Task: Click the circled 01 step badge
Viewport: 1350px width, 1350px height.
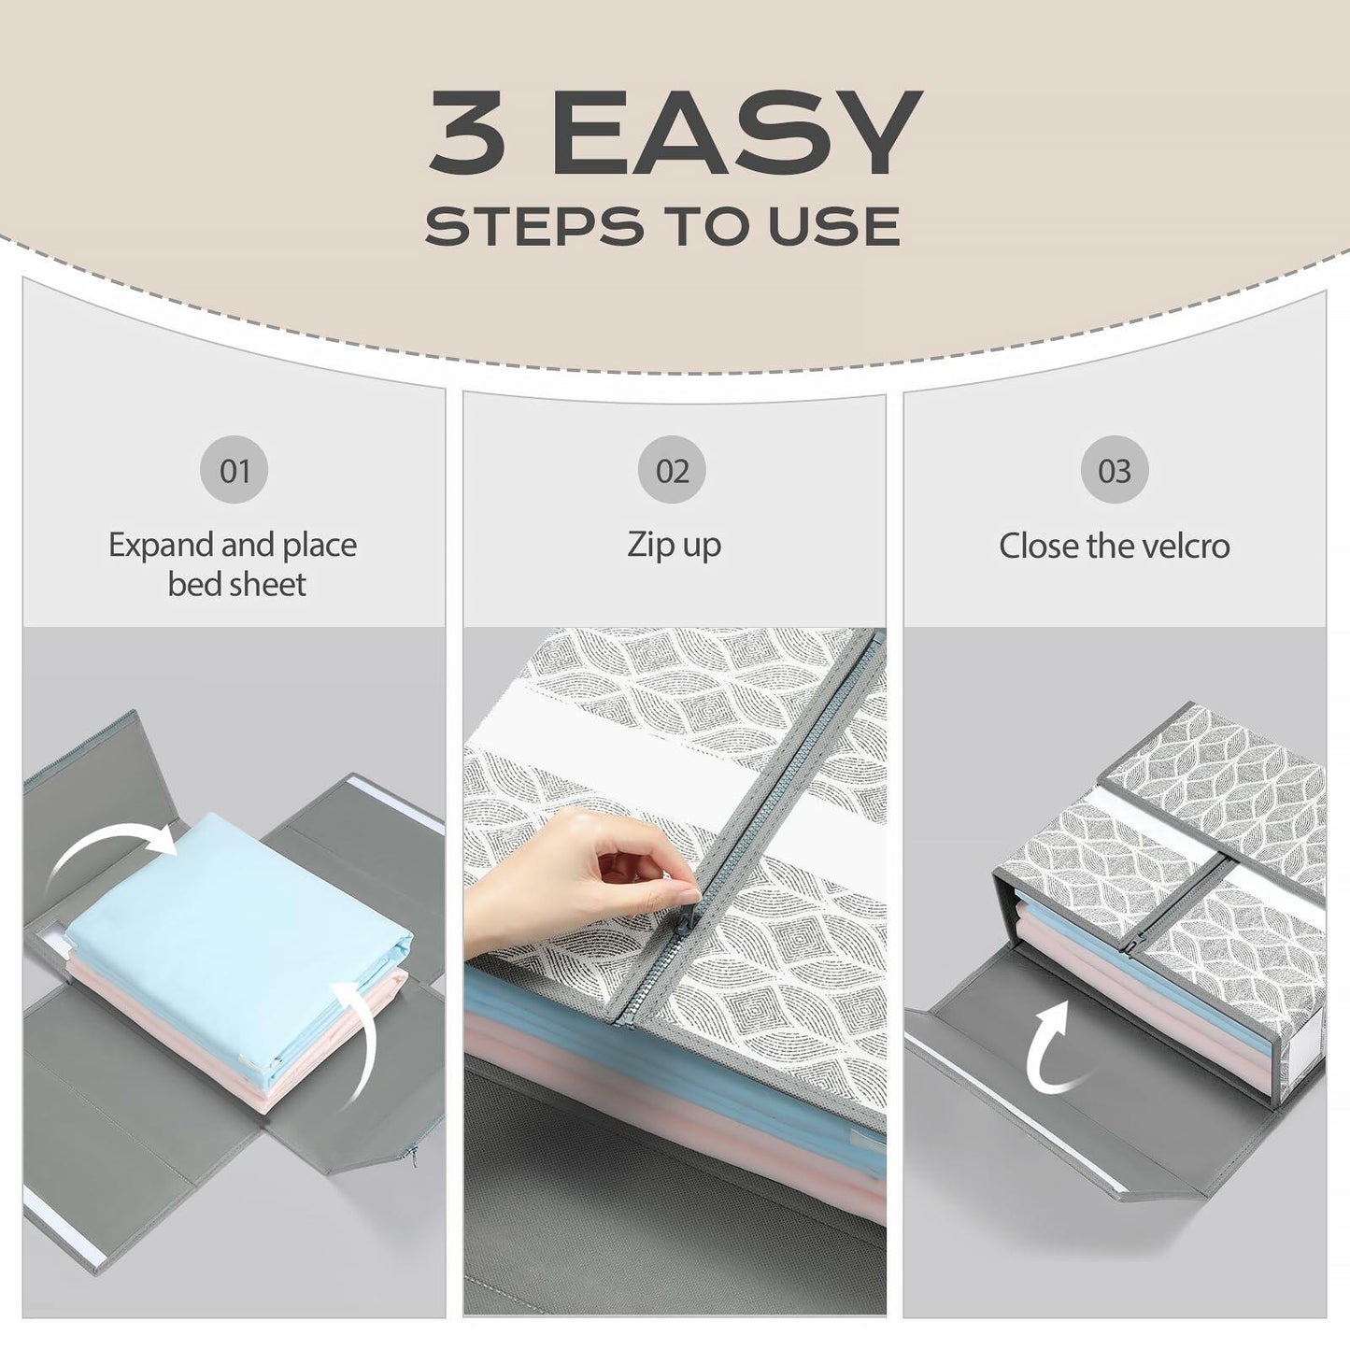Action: pos(234,470)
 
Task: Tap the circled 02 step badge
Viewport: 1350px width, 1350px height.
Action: pos(672,470)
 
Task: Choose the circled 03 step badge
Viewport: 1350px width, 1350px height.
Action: pos(1114,470)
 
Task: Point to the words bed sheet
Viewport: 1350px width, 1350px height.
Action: pos(236,585)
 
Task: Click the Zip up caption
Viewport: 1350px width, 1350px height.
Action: pos(674,546)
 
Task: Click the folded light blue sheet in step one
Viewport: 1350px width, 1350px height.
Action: pos(234,925)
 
